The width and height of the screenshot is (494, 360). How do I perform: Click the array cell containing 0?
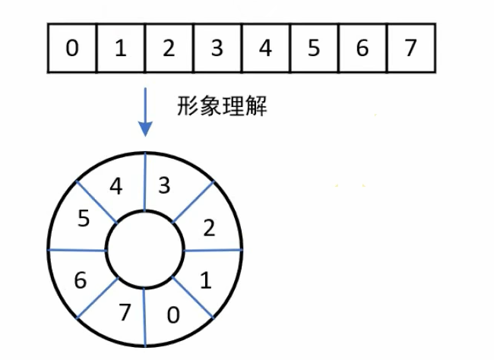(x=71, y=48)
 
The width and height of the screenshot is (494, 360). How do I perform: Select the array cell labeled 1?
(x=120, y=48)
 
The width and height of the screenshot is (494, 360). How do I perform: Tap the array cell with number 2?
(x=169, y=48)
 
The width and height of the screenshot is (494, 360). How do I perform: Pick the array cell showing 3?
(x=217, y=48)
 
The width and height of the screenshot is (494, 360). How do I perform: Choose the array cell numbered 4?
(x=265, y=48)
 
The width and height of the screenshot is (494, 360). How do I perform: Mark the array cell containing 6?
(x=363, y=48)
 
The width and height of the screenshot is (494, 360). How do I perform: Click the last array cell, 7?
(x=411, y=48)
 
